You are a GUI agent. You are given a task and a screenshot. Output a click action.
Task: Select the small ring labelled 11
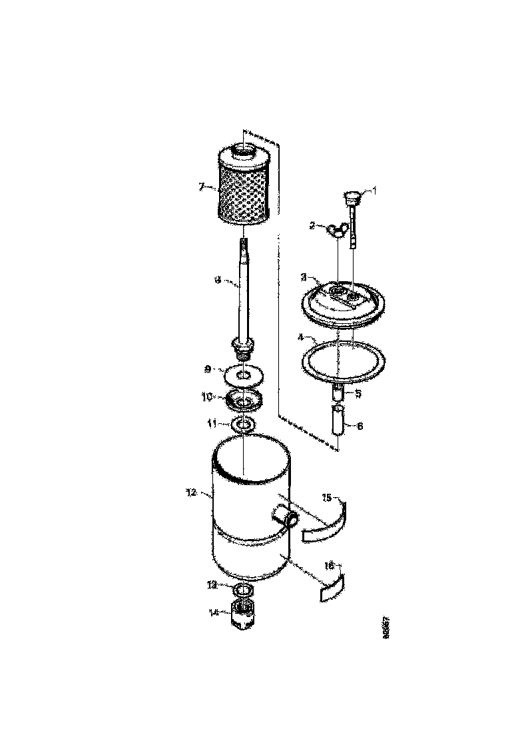coord(244,424)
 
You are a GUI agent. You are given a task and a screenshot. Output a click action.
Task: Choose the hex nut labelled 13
coord(244,590)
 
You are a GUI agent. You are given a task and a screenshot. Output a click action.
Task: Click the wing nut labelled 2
coord(336,230)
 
